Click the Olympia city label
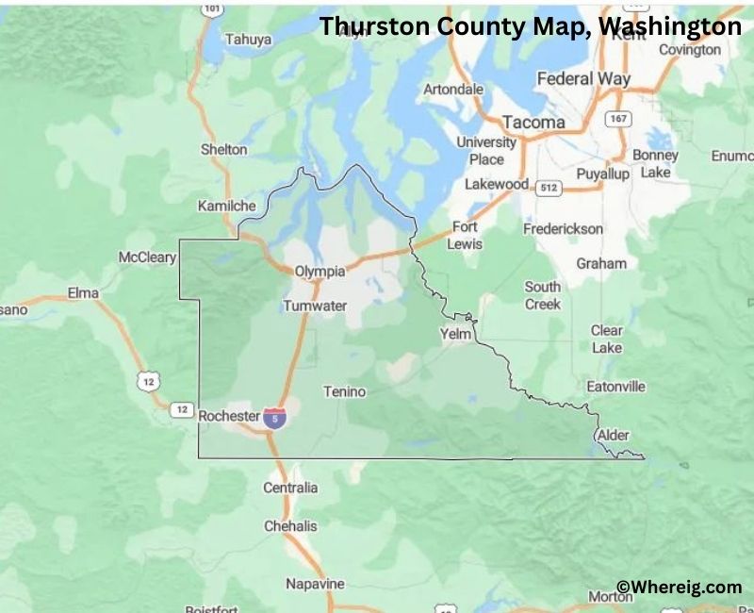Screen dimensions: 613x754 click(x=320, y=271)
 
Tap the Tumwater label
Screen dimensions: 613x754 click(x=315, y=306)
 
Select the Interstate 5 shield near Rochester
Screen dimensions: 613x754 click(x=274, y=417)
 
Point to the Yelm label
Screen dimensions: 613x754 click(x=455, y=334)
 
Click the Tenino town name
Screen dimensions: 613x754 click(x=344, y=391)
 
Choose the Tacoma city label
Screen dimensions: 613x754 click(x=533, y=123)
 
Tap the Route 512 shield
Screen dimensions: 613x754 click(x=549, y=188)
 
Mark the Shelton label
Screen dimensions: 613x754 click(x=223, y=149)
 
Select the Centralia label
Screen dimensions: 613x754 click(x=290, y=488)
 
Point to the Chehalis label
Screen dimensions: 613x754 click(x=290, y=525)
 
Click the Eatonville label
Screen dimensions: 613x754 click(x=615, y=387)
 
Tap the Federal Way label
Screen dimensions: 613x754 click(x=583, y=79)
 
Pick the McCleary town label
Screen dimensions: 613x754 click(x=147, y=257)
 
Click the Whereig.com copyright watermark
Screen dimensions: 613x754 click(x=679, y=587)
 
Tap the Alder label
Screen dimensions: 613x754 click(x=613, y=435)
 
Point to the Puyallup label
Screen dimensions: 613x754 click(x=602, y=174)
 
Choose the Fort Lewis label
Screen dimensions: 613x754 click(x=466, y=235)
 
